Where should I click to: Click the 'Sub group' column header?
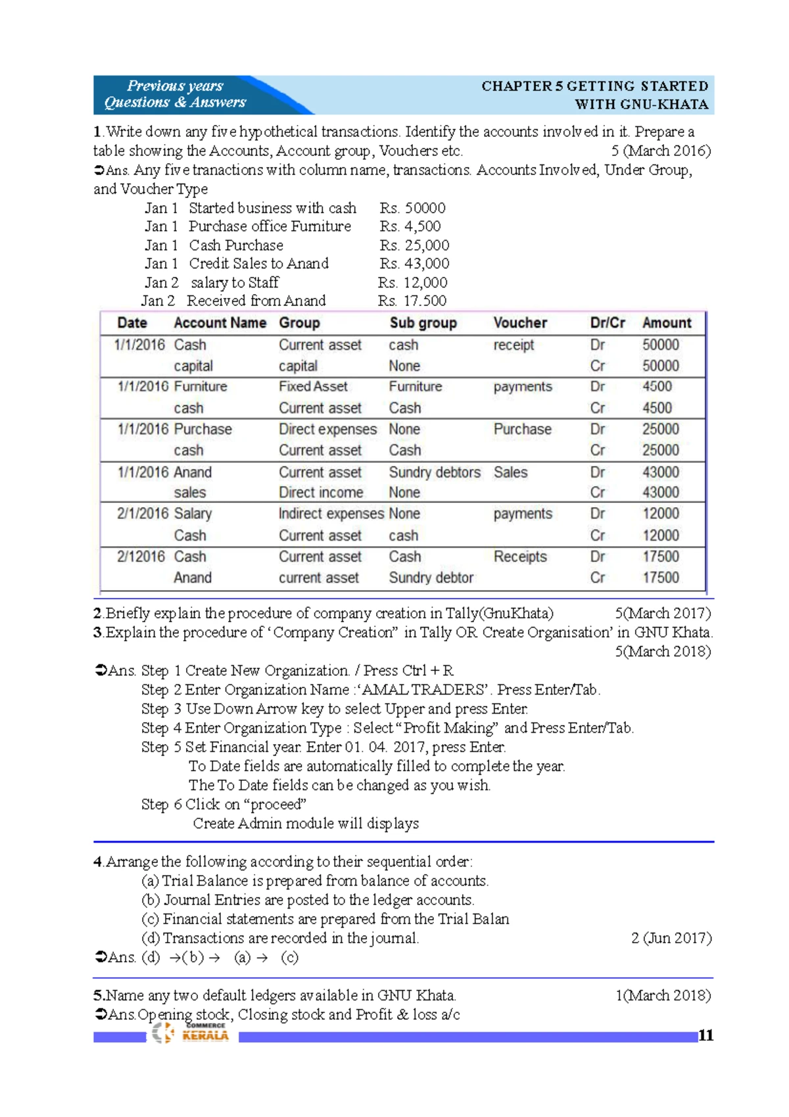[x=423, y=323]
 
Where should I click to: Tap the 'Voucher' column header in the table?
[x=520, y=323]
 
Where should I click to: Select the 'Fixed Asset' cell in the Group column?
[x=313, y=387]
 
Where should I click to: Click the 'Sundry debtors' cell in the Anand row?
[x=434, y=472]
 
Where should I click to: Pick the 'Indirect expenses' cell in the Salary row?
[x=331, y=514]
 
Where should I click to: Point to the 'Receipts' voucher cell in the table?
[x=520, y=557]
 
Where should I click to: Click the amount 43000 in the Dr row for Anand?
[x=660, y=472]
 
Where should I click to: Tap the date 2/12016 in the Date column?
[x=141, y=557]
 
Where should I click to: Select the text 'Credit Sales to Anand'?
[x=258, y=264]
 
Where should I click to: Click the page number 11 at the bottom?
[x=705, y=1035]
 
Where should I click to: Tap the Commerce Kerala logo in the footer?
[x=190, y=1032]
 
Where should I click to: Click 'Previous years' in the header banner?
[x=175, y=86]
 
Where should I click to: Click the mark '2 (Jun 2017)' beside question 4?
[x=671, y=938]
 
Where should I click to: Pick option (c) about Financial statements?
[x=325, y=919]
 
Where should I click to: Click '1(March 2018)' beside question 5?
[x=663, y=995]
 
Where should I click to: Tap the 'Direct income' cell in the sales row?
[x=320, y=493]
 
